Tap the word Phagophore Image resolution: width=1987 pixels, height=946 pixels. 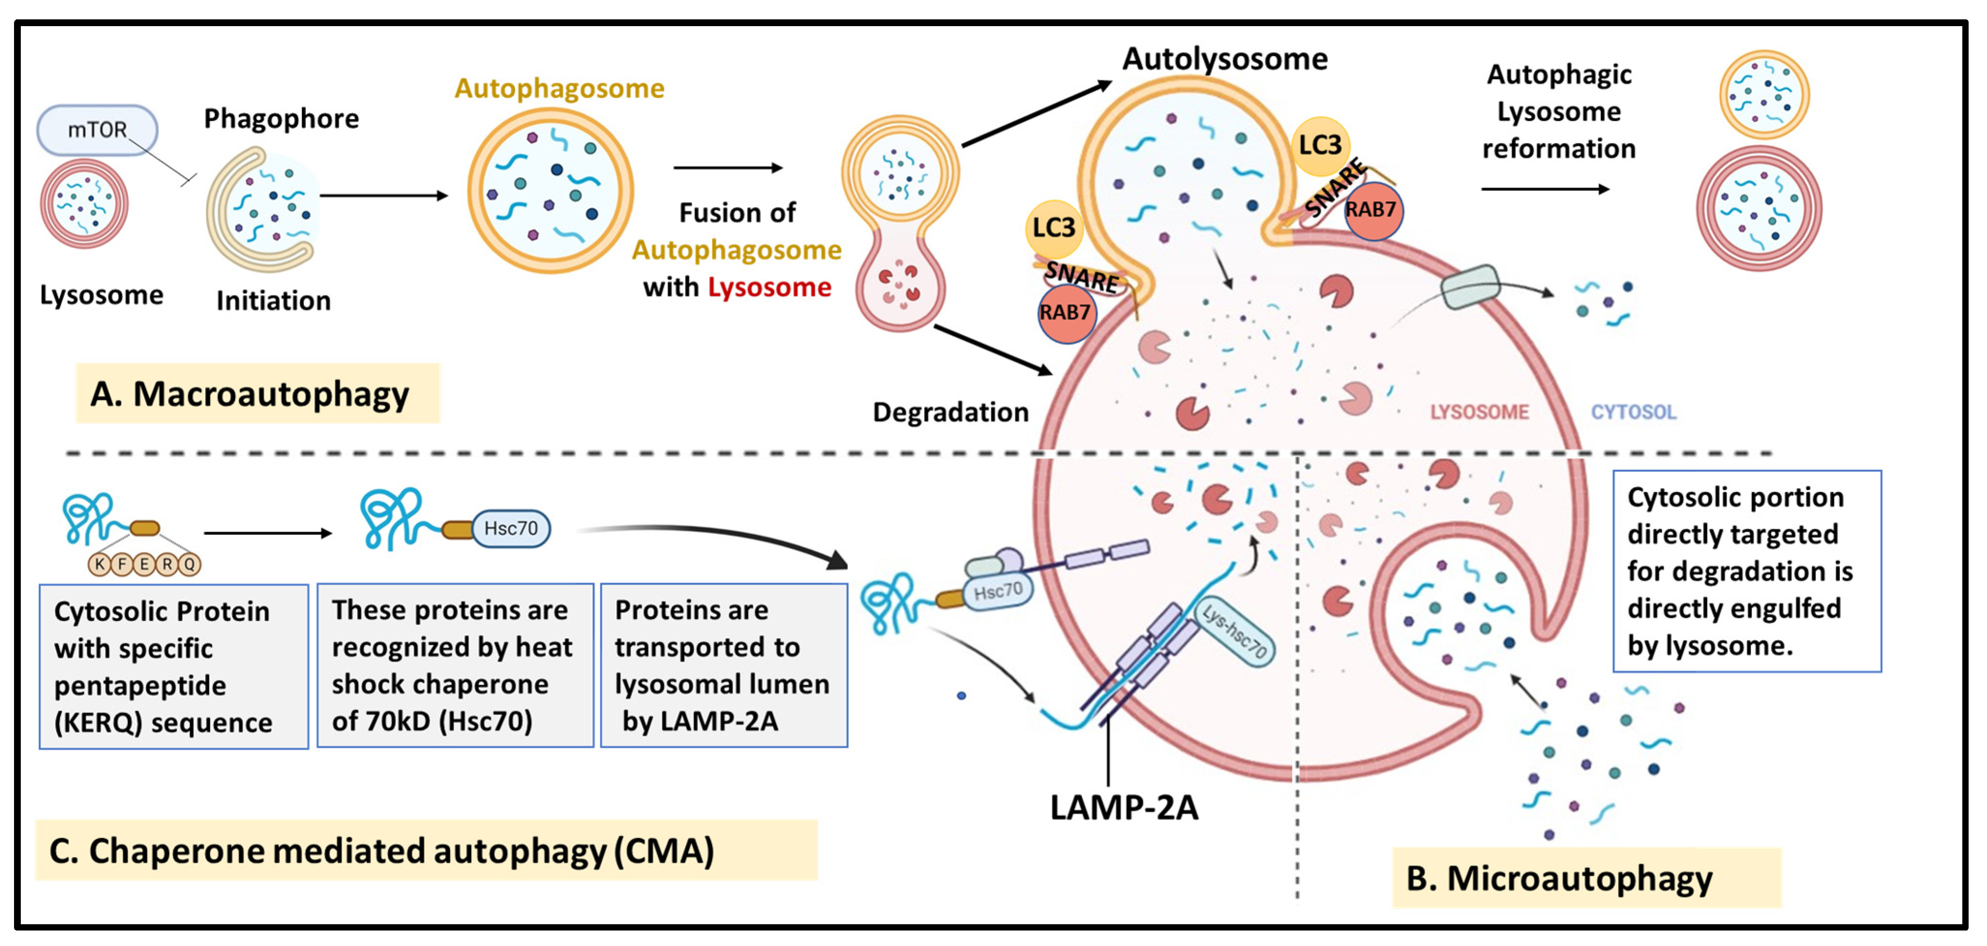[281, 119]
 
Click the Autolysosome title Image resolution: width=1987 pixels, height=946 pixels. [1224, 60]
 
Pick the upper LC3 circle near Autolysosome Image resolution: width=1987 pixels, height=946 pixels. [1320, 145]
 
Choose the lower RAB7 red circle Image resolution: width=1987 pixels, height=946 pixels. [1065, 313]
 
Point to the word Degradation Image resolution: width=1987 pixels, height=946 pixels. [950, 412]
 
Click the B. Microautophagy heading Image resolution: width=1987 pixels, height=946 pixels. [1558, 878]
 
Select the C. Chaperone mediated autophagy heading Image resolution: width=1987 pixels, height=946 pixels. [382, 851]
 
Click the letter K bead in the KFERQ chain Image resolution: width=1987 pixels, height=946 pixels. [100, 564]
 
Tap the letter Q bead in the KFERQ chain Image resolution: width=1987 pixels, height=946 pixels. [190, 564]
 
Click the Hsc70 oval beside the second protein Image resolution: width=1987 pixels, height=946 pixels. [510, 528]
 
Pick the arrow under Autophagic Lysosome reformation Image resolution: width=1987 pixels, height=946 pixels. [1545, 189]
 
